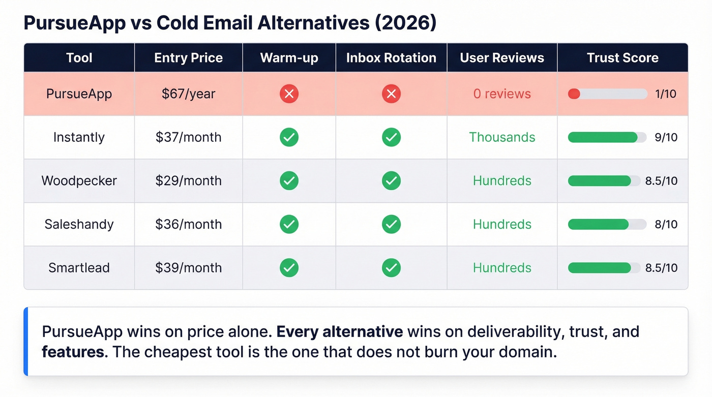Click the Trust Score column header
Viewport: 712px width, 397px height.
[x=622, y=58]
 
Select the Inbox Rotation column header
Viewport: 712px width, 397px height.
[x=391, y=58]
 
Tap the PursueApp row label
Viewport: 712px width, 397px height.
[x=79, y=94]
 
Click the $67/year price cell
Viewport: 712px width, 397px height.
[x=188, y=94]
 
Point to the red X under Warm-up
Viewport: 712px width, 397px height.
[x=289, y=94]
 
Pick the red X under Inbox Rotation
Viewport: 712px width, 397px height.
[x=391, y=94]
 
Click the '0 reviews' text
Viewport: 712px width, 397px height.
[x=502, y=94]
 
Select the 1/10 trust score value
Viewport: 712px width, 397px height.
[x=666, y=94]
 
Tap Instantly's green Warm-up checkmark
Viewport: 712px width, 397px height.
[x=289, y=137]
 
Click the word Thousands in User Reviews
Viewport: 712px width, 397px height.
[x=502, y=137]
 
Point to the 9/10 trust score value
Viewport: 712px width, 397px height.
[x=666, y=137]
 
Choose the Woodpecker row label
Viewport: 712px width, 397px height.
[x=79, y=181]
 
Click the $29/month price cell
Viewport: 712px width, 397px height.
[x=188, y=181]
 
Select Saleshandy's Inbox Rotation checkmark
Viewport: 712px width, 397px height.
[x=391, y=224]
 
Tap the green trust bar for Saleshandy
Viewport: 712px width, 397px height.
[x=598, y=224]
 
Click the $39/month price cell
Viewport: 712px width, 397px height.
[x=188, y=268]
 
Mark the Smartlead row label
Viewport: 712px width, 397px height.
[x=79, y=268]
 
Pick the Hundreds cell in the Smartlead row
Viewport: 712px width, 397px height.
[x=502, y=268]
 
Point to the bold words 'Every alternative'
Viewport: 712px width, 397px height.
[x=339, y=332]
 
